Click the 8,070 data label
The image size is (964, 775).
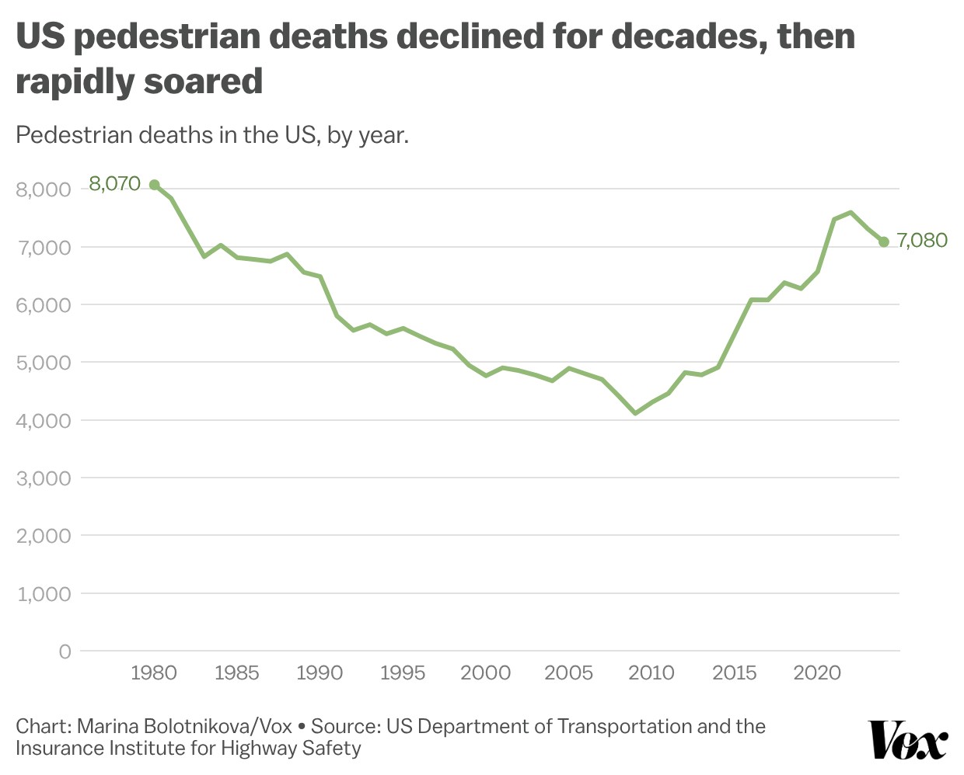[114, 184]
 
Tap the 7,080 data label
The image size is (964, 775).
[922, 241]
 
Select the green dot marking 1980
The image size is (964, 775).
[154, 185]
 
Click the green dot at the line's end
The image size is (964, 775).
[884, 242]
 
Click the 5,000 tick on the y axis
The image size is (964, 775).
[44, 363]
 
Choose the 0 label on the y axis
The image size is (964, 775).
[65, 652]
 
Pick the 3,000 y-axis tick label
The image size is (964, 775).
[44, 478]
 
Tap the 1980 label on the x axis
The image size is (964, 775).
[154, 672]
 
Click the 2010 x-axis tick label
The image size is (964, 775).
[651, 672]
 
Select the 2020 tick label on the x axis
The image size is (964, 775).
[817, 672]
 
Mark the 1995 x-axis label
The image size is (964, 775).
[403, 672]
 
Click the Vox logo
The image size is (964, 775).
[908, 740]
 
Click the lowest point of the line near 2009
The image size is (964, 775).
[635, 413]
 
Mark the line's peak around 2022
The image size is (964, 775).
[850, 212]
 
